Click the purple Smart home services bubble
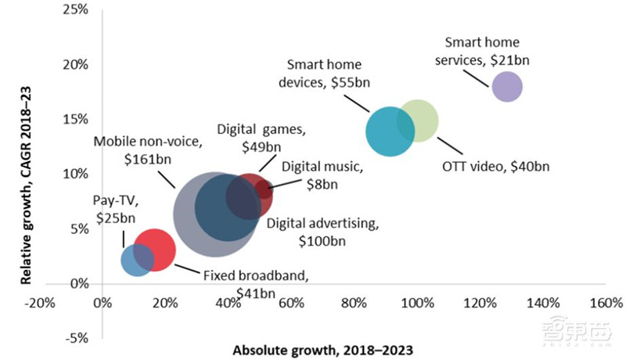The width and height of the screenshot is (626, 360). coord(506,86)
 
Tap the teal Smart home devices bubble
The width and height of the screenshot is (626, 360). coord(389,131)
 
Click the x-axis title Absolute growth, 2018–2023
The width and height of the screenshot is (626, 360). coord(322,349)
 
